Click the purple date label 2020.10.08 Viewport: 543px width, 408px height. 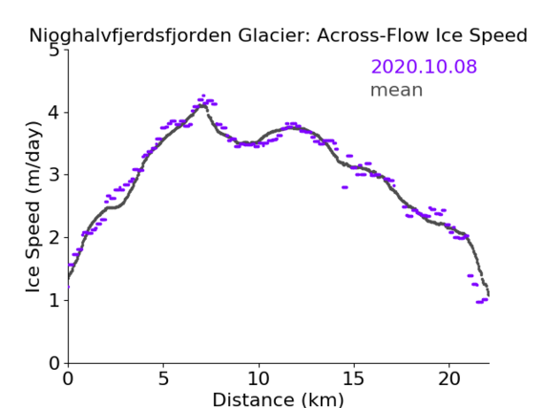pos(424,66)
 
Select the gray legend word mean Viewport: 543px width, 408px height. pos(397,90)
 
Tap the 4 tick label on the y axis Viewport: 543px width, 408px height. pos(54,113)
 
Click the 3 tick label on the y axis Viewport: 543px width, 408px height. pos(54,175)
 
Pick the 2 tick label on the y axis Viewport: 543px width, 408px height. pos(54,238)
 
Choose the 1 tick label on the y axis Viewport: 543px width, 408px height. pos(54,300)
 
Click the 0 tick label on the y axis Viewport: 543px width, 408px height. pos(54,363)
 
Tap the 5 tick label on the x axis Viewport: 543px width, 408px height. pos(163,378)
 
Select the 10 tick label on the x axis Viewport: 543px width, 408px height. pos(259,378)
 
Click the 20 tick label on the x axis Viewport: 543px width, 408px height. pos(449,378)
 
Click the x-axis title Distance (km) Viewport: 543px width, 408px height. pos(278,399)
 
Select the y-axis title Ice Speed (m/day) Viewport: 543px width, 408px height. pos(33,207)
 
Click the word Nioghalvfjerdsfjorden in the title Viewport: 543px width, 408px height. pos(130,35)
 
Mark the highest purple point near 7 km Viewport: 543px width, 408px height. pos(203,96)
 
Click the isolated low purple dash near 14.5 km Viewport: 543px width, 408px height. pos(345,187)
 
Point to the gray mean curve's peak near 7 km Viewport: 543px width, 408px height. pos(202,105)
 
